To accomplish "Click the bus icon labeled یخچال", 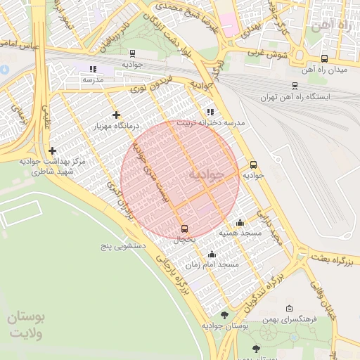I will (185, 229).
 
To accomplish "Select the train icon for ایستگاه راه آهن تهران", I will (295, 86).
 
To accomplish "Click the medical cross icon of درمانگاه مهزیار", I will (116, 115).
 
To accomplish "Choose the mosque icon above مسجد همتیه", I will (240, 221).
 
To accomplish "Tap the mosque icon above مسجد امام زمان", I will (212, 254).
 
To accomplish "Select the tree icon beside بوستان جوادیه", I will (224, 315).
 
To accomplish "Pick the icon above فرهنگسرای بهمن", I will (290, 309).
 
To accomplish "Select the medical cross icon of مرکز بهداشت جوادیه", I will (53, 150).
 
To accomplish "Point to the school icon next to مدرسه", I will (92, 69).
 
